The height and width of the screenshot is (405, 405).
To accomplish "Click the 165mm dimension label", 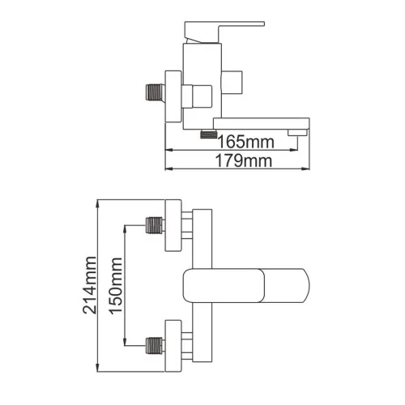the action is click(x=245, y=142).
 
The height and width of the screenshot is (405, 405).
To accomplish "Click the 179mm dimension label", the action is click(x=244, y=161).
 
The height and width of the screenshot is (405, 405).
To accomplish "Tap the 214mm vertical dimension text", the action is click(x=90, y=285).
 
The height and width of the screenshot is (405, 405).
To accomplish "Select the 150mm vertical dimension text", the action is click(x=116, y=286).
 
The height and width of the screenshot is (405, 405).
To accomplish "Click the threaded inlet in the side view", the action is click(x=156, y=92).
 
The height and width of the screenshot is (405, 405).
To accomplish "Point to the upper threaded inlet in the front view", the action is click(x=156, y=225).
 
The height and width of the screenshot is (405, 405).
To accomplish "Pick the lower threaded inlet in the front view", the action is click(x=156, y=345).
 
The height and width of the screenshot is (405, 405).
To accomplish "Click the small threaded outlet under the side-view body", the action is click(x=209, y=134).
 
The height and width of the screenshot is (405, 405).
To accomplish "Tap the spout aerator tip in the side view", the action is click(x=297, y=133).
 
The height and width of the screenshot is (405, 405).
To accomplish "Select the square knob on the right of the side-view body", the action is click(x=232, y=83).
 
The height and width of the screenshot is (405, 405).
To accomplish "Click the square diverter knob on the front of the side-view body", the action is click(x=197, y=96).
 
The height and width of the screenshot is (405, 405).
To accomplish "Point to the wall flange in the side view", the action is click(x=173, y=96).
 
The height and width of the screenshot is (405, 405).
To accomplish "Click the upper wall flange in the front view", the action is click(x=173, y=225).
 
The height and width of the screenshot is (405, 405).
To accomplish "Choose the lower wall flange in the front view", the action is click(x=173, y=346).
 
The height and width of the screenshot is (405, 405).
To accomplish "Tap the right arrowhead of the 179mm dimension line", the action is click(x=305, y=169).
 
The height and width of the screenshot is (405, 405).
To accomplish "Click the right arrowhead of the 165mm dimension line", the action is click(x=293, y=150).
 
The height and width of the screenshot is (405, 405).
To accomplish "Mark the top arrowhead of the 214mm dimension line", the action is click(x=98, y=204).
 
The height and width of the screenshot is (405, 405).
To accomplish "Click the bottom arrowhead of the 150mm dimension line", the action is click(x=125, y=341).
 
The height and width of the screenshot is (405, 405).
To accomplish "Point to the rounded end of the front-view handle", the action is click(x=308, y=285).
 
